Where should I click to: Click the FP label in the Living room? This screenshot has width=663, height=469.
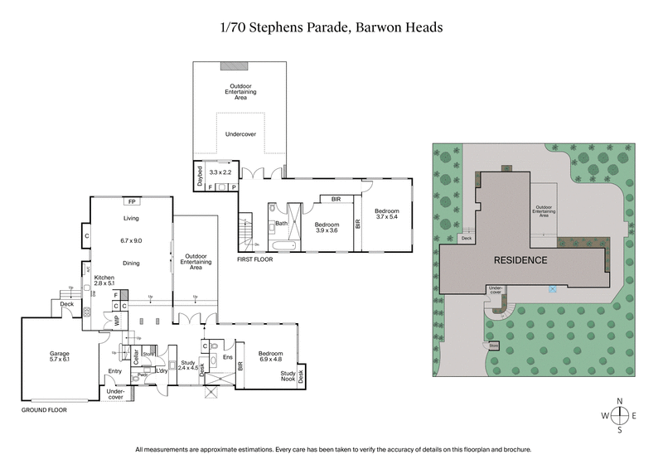(x=131, y=201)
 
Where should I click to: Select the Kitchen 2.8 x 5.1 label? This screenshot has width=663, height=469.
(x=105, y=280)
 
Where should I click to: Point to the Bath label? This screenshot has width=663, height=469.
(x=281, y=224)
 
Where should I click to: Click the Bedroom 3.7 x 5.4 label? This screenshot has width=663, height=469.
(x=387, y=213)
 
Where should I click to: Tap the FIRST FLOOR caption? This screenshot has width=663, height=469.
(x=255, y=259)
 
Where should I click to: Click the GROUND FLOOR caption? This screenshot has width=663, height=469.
(x=43, y=409)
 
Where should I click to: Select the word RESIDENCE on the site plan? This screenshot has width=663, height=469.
(x=520, y=260)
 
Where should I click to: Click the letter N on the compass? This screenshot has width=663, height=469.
(x=619, y=400)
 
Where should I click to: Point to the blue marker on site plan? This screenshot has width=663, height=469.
(x=552, y=289)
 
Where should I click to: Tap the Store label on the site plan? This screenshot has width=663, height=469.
(x=494, y=346)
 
